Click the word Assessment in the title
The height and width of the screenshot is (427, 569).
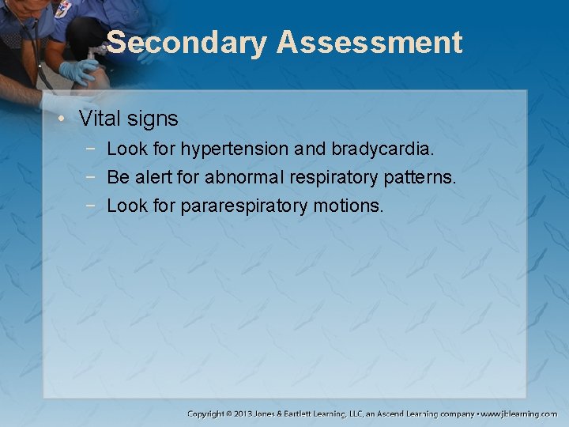click(x=369, y=43)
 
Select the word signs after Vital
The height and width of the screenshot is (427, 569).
click(x=153, y=119)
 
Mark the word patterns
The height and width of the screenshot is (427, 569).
click(x=422, y=177)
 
